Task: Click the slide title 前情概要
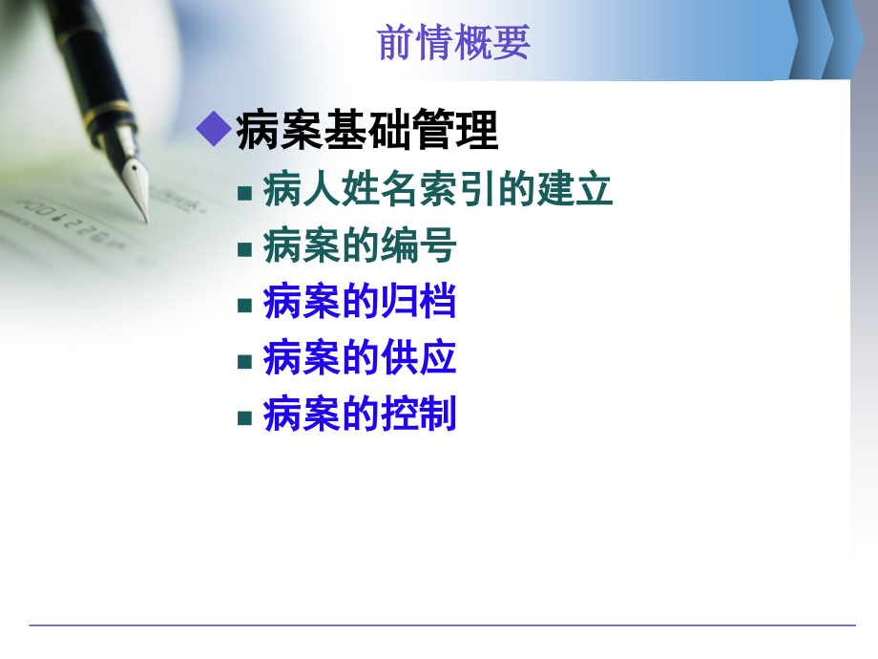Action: pyautogui.click(x=454, y=43)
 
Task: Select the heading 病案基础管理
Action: pyautogui.click(x=367, y=131)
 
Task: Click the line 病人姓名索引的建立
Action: pyautogui.click(x=438, y=190)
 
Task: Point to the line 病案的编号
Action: pyautogui.click(x=360, y=247)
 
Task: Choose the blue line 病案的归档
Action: pyautogui.click(x=360, y=303)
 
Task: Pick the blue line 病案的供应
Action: pyautogui.click(x=360, y=359)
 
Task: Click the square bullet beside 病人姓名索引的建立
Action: pyautogui.click(x=245, y=193)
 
